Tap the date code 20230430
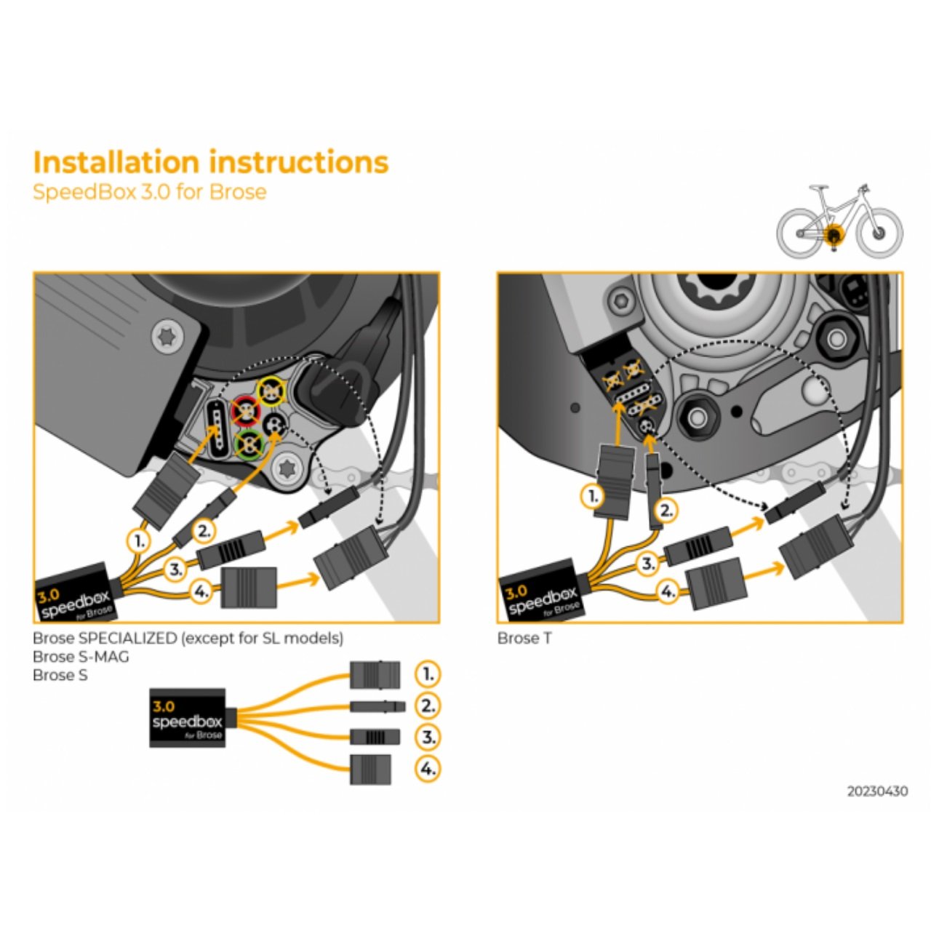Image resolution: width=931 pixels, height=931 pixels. click(876, 791)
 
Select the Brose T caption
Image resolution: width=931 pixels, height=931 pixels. click(524, 639)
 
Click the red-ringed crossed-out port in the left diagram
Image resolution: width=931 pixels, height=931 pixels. click(246, 412)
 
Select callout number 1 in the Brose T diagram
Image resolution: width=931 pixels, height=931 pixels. click(593, 497)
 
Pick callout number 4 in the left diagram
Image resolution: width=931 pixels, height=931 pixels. click(201, 592)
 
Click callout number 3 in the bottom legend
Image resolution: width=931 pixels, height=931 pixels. click(428, 737)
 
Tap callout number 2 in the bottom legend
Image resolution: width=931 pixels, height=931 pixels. click(428, 706)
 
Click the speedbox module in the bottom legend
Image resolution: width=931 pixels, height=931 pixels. click(187, 717)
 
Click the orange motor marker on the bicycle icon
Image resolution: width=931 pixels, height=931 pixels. click(834, 234)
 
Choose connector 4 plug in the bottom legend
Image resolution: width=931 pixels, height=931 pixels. click(370, 770)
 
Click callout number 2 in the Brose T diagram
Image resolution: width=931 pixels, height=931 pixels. click(666, 511)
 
